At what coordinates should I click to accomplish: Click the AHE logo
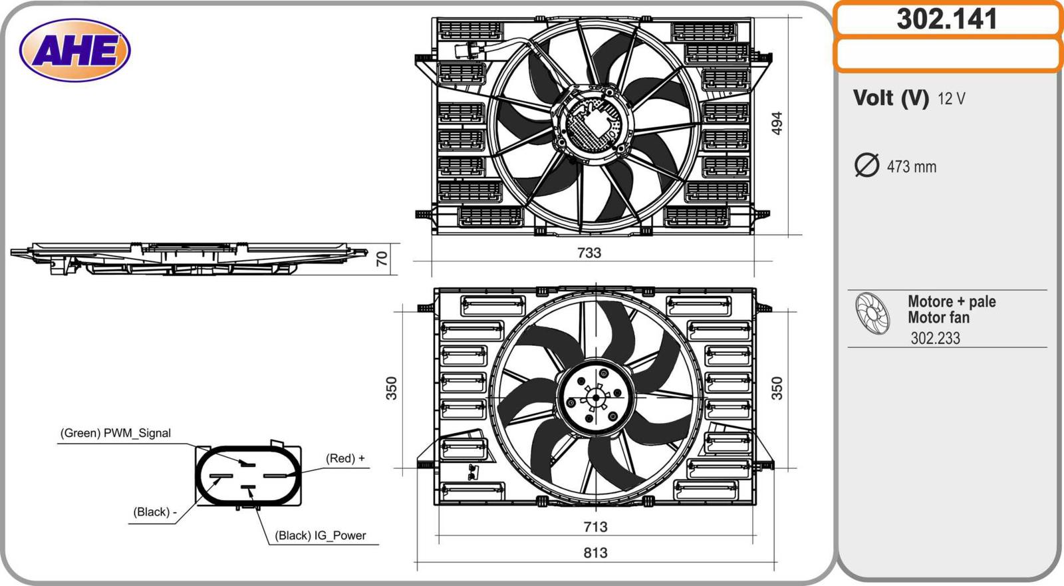pyautogui.click(x=75, y=50)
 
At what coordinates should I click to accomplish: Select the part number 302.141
pyautogui.click(x=947, y=19)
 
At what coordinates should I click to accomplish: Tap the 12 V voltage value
pyautogui.click(x=951, y=99)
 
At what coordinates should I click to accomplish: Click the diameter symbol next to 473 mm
pyautogui.click(x=866, y=165)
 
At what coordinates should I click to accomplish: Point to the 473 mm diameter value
pyautogui.click(x=912, y=167)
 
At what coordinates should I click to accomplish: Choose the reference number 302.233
pyautogui.click(x=935, y=338)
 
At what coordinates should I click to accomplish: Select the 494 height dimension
pyautogui.click(x=776, y=123)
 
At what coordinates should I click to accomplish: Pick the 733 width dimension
pyautogui.click(x=589, y=252)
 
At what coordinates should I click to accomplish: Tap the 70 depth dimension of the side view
pyautogui.click(x=382, y=259)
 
